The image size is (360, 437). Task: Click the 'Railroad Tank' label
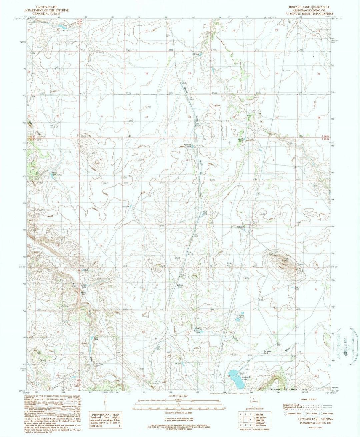(188, 146)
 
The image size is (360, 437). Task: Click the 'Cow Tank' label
(296, 288)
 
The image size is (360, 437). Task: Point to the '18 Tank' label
(178, 364)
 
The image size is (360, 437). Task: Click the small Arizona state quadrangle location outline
(256, 402)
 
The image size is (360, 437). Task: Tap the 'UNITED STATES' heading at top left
(46, 7)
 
